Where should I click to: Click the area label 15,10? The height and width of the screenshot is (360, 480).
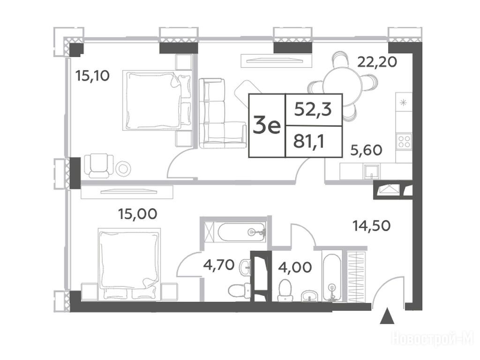(x=92, y=75)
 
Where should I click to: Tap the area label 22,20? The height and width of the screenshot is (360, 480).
(x=377, y=62)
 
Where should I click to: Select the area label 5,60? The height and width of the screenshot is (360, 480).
(x=366, y=150)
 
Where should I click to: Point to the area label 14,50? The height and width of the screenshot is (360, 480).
(x=371, y=226)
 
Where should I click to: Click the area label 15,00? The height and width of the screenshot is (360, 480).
(x=138, y=214)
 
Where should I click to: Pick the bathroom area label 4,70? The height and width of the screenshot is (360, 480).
(x=219, y=265)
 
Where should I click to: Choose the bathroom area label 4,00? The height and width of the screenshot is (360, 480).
(x=295, y=267)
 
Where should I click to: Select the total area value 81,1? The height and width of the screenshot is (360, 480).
(x=308, y=142)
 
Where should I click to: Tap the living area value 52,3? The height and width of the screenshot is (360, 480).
(x=313, y=109)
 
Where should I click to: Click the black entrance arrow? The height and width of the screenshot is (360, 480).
(x=387, y=316)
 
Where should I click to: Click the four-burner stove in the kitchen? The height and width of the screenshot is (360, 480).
(x=404, y=142)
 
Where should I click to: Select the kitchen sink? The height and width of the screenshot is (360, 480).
(x=371, y=172)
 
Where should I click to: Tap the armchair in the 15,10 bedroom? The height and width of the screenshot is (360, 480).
(x=99, y=165)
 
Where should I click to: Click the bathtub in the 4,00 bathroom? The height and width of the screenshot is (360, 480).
(x=331, y=275)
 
